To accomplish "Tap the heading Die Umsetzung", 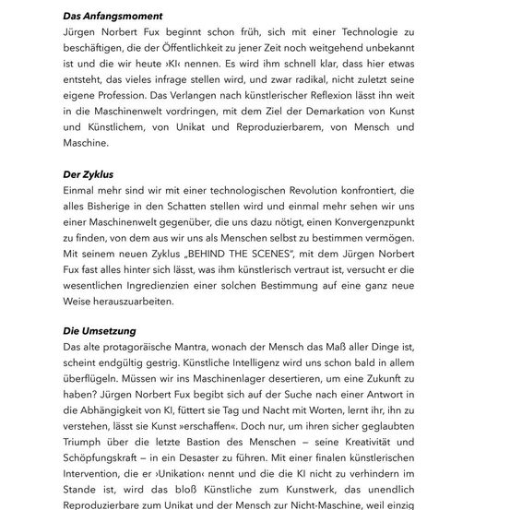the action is click(x=100, y=329).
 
